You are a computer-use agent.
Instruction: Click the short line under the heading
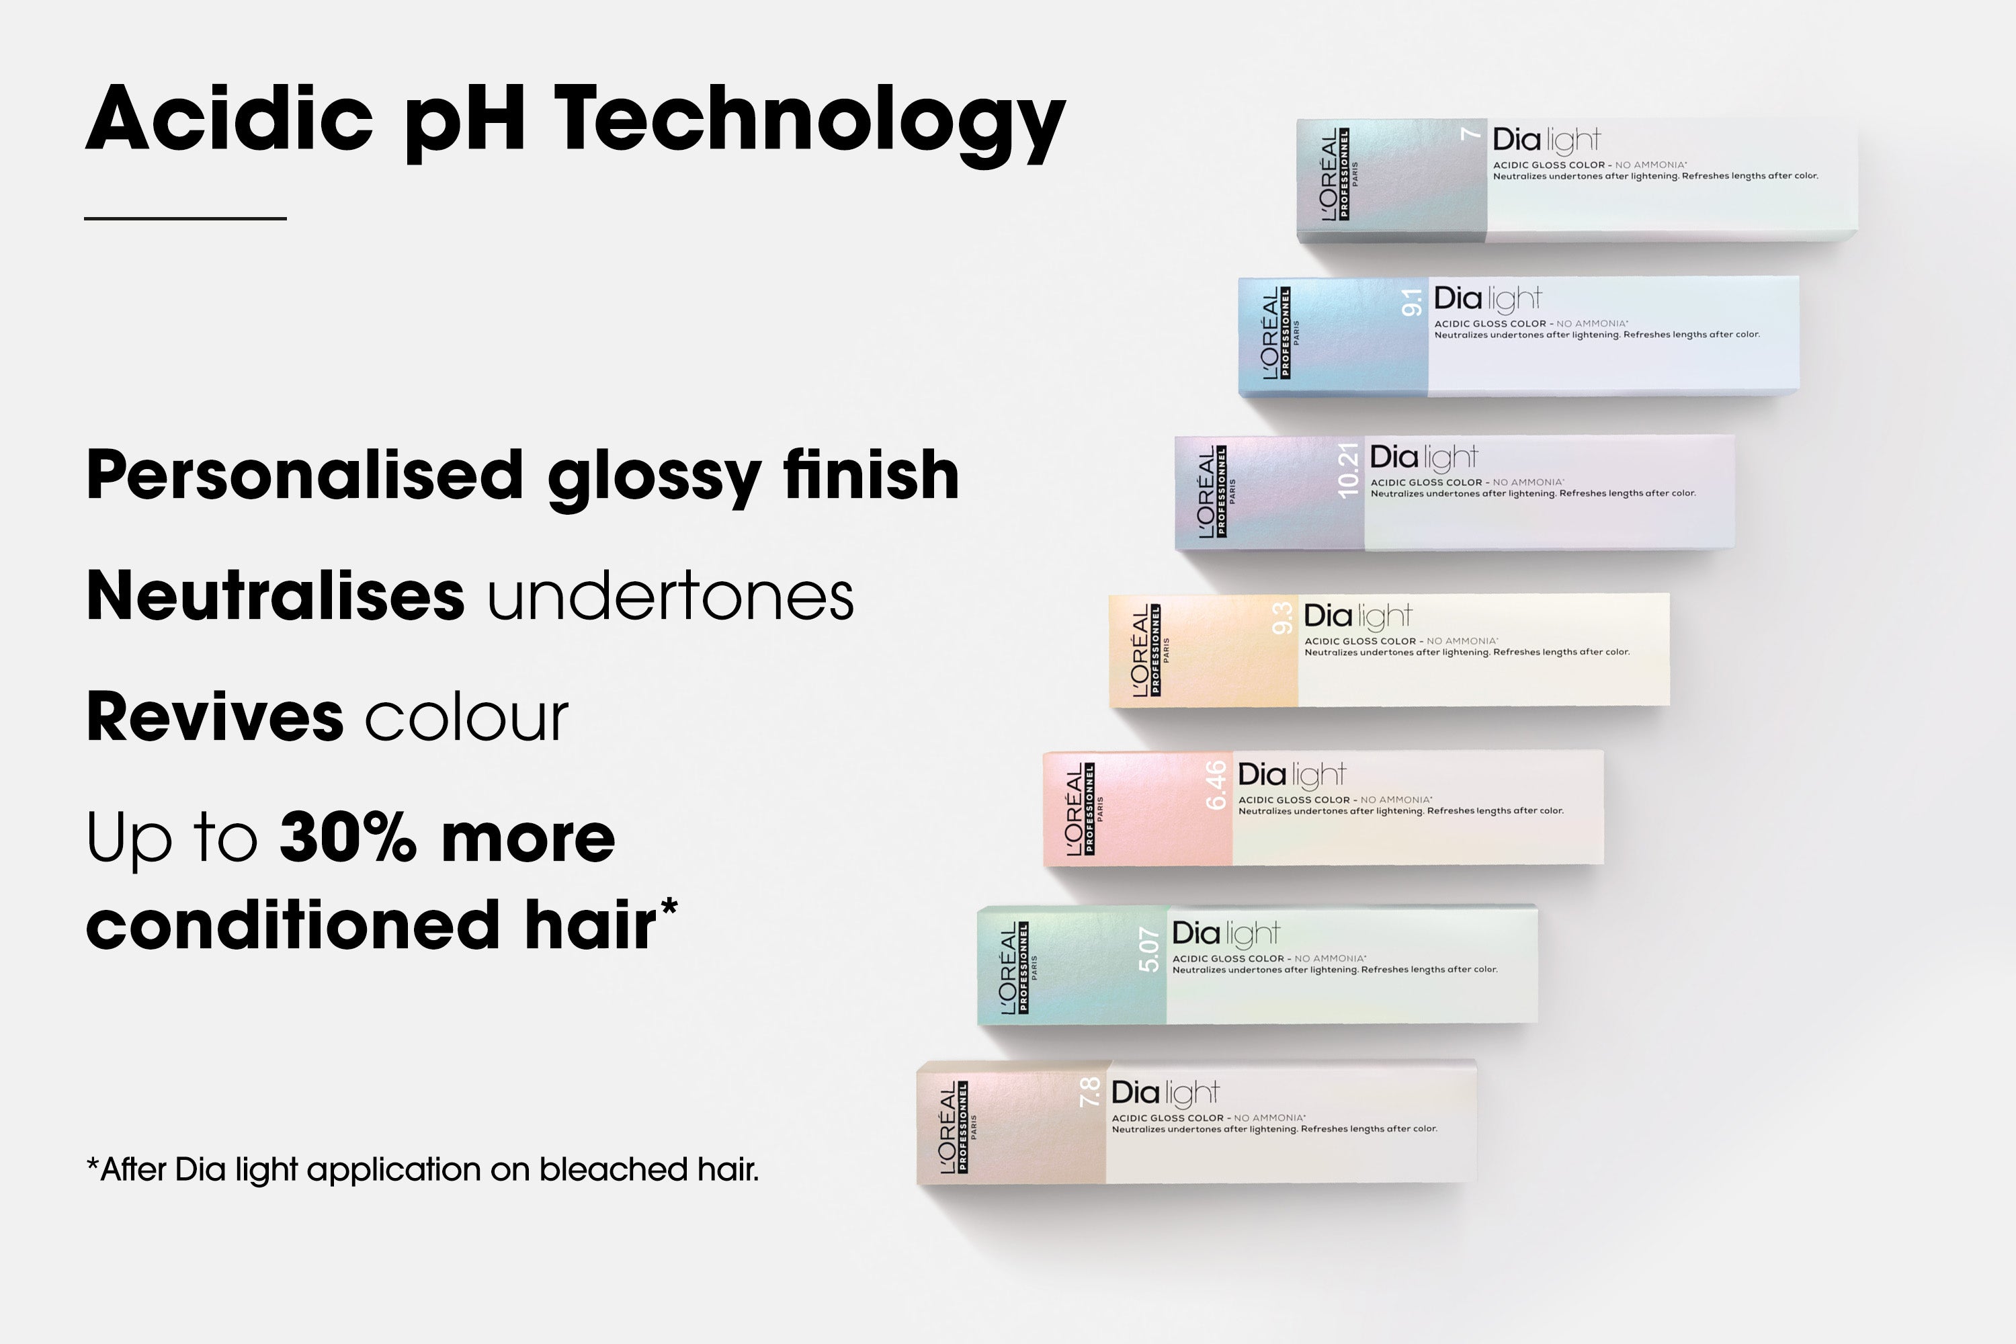click(185, 218)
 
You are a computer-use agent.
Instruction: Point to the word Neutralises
click(275, 595)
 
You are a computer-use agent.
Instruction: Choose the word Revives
click(215, 716)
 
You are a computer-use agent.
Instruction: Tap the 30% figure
click(348, 837)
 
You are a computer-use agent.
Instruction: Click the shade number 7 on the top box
click(1471, 133)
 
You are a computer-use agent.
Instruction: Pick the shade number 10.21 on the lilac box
click(1348, 470)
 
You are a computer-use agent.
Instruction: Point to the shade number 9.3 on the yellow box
click(1282, 619)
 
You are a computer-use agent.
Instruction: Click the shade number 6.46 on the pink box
click(1216, 785)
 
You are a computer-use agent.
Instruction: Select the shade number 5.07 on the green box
click(1148, 950)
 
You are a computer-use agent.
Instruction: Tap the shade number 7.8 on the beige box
click(1089, 1092)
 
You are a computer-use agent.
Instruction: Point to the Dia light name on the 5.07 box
click(1226, 934)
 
